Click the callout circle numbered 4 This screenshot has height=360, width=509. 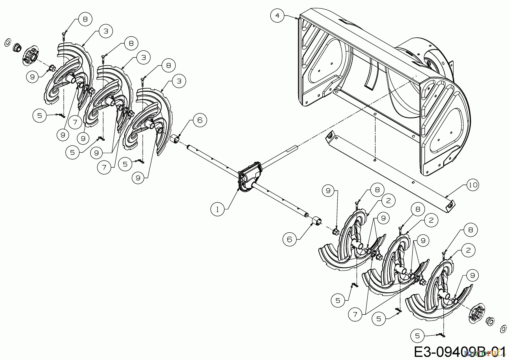[x=277, y=16]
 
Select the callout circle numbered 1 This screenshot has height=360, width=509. [x=217, y=209]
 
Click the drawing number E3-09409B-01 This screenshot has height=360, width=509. [x=458, y=352]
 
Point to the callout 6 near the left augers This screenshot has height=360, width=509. [x=200, y=120]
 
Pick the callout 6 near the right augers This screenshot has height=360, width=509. [x=289, y=239]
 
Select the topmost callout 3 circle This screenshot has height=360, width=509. [x=106, y=31]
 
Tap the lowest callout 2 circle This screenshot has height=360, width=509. [x=468, y=250]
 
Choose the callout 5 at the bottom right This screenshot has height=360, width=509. [x=417, y=336]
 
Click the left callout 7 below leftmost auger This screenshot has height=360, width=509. [x=75, y=122]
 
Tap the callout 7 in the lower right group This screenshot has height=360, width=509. [x=355, y=314]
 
